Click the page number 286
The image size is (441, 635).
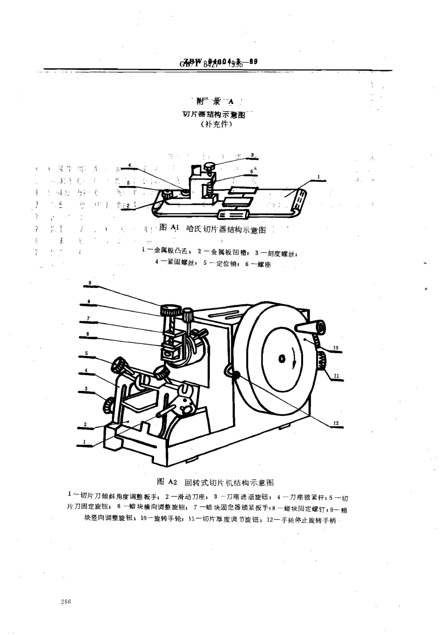tap(65, 602)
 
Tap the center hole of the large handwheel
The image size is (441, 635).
tap(281, 358)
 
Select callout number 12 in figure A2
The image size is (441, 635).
tap(336, 422)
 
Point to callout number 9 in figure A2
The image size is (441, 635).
tap(90, 283)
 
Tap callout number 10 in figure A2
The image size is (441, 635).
tap(336, 347)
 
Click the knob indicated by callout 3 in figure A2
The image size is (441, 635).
tap(108, 404)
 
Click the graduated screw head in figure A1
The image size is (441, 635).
tap(210, 164)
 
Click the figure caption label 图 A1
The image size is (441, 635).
tap(169, 228)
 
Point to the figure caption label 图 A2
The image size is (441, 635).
tap(168, 482)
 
